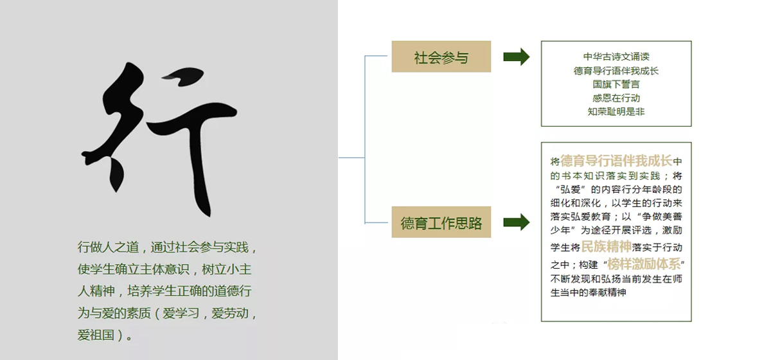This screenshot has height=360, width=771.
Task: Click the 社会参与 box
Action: (x=441, y=57)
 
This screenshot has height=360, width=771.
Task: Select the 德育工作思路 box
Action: (x=441, y=222)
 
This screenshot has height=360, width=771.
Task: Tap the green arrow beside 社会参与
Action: (x=517, y=57)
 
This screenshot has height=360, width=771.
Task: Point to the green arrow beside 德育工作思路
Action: (x=517, y=222)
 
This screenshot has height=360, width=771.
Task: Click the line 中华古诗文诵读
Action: (x=616, y=57)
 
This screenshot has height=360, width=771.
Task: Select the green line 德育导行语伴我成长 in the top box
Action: (x=616, y=71)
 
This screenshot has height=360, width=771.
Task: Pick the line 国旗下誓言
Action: (x=616, y=84)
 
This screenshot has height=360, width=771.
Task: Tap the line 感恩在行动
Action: (x=616, y=98)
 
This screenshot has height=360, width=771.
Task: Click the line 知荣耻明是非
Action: (x=616, y=112)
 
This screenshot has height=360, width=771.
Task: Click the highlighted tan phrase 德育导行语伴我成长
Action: (x=616, y=161)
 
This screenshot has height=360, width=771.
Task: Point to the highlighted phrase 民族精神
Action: (x=606, y=246)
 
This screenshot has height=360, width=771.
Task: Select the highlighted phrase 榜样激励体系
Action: (x=644, y=264)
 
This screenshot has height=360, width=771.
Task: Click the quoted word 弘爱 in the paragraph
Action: (x=571, y=189)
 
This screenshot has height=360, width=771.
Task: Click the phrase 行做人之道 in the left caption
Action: (x=108, y=247)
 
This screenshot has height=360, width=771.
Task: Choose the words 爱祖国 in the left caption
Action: (x=96, y=335)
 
